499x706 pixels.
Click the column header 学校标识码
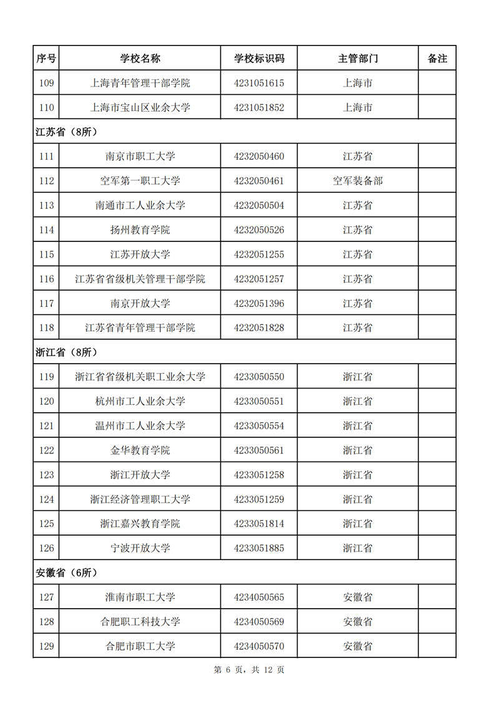tap(259, 59)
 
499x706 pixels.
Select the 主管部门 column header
tap(357, 59)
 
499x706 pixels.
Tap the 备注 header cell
tap(437, 59)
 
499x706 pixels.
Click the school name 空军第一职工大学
tap(140, 181)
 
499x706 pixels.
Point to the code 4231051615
tap(259, 83)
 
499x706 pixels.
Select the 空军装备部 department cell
tap(357, 181)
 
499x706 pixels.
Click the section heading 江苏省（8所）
tap(66, 132)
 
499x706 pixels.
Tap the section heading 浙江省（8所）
tap(66, 352)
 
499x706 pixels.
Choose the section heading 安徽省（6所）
tap(66, 573)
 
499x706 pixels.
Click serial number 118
tap(46, 327)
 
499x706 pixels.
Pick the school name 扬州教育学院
tap(140, 230)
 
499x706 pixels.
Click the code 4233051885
tap(259, 548)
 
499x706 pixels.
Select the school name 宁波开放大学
tap(140, 548)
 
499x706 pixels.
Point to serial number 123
tap(46, 475)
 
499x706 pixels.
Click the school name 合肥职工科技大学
tap(140, 622)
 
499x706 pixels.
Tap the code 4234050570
tap(259, 646)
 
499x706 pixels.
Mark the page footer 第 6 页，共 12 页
tap(249, 670)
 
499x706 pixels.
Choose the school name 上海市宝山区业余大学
tap(140, 107)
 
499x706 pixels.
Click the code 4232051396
tap(259, 303)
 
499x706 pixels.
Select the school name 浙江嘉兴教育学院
tap(140, 524)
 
